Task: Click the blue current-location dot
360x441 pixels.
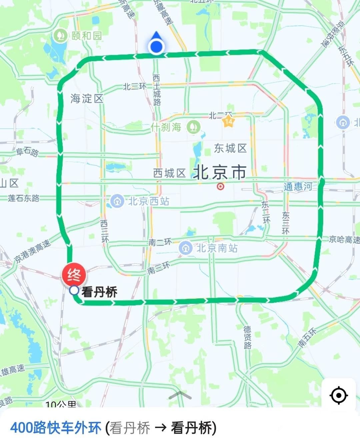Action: click(156, 47)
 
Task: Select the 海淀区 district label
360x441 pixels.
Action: click(87, 99)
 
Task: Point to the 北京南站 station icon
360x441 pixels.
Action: click(186, 248)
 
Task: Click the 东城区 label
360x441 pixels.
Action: click(230, 148)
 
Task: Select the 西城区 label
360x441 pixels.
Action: click(169, 173)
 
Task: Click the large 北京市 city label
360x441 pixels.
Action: click(220, 172)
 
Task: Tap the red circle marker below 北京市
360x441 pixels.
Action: click(220, 186)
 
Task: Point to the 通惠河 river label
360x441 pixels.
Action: click(298, 186)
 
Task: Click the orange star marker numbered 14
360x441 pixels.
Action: click(228, 121)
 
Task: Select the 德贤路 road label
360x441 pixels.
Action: click(247, 337)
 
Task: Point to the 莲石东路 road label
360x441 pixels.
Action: click(24, 198)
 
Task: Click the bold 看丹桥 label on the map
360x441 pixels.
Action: click(99, 292)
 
